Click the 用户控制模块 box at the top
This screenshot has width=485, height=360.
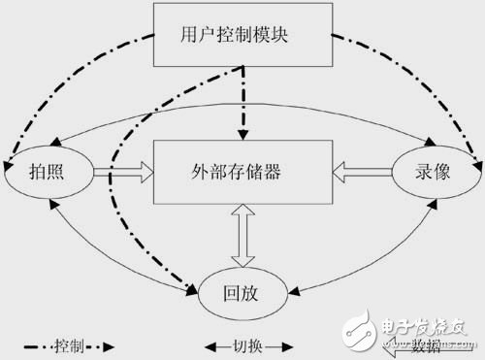[x=242, y=37]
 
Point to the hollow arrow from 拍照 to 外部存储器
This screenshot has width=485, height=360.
[x=123, y=173]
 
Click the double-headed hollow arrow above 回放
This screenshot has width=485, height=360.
[x=242, y=235]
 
